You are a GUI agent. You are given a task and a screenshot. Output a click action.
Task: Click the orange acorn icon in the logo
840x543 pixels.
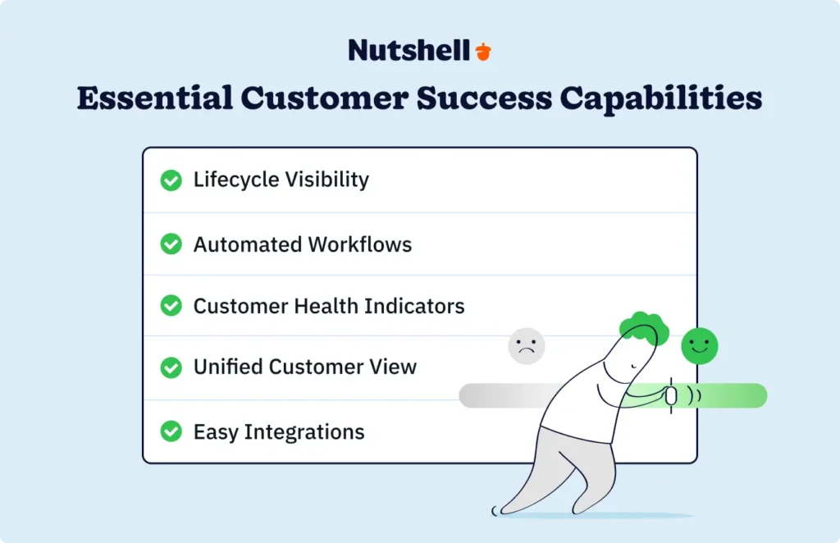484,51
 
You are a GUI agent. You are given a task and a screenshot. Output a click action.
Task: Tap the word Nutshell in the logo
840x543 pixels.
409,50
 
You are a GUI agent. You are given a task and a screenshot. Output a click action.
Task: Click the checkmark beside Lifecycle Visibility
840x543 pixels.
171,180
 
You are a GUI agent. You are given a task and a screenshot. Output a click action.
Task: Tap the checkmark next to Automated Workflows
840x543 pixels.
171,244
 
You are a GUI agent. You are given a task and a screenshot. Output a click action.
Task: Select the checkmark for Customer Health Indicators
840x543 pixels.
171,306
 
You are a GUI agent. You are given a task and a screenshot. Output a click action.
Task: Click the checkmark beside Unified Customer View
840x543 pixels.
171,367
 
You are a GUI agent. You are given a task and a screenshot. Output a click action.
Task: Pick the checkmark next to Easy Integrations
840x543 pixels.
171,431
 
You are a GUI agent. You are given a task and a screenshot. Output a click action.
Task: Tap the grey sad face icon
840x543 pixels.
527,346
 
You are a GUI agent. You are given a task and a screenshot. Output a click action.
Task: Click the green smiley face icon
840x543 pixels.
699,345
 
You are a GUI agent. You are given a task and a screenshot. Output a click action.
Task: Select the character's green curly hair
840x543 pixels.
645,326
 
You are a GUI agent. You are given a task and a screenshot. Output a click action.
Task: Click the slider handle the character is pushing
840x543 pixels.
670,395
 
